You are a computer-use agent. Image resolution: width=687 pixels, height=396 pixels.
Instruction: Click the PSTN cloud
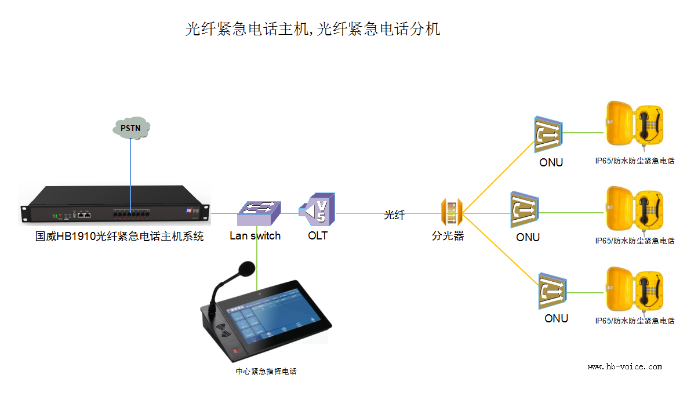point(130,127)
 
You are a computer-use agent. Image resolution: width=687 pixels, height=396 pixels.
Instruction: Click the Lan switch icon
point(259,213)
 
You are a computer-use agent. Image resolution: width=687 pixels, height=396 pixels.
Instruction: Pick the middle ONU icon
point(526,210)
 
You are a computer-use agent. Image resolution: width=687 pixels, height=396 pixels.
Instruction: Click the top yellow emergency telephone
point(634,123)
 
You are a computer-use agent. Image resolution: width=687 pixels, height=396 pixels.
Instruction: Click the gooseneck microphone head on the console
point(246,268)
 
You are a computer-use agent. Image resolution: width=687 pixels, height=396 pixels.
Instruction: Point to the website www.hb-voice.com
point(624,366)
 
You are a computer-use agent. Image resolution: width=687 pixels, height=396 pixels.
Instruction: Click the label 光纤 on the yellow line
point(394,215)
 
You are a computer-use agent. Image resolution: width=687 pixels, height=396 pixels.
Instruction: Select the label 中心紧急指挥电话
point(266,371)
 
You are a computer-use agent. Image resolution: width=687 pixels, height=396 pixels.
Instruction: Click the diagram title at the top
point(312,29)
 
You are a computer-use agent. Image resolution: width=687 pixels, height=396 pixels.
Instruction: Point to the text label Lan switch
point(255,236)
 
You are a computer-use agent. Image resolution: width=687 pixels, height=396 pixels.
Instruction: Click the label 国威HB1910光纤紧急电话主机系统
point(119,237)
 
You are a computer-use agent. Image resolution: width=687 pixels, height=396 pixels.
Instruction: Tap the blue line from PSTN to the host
point(130,174)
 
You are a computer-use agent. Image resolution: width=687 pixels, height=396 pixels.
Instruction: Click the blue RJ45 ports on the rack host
point(85,214)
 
